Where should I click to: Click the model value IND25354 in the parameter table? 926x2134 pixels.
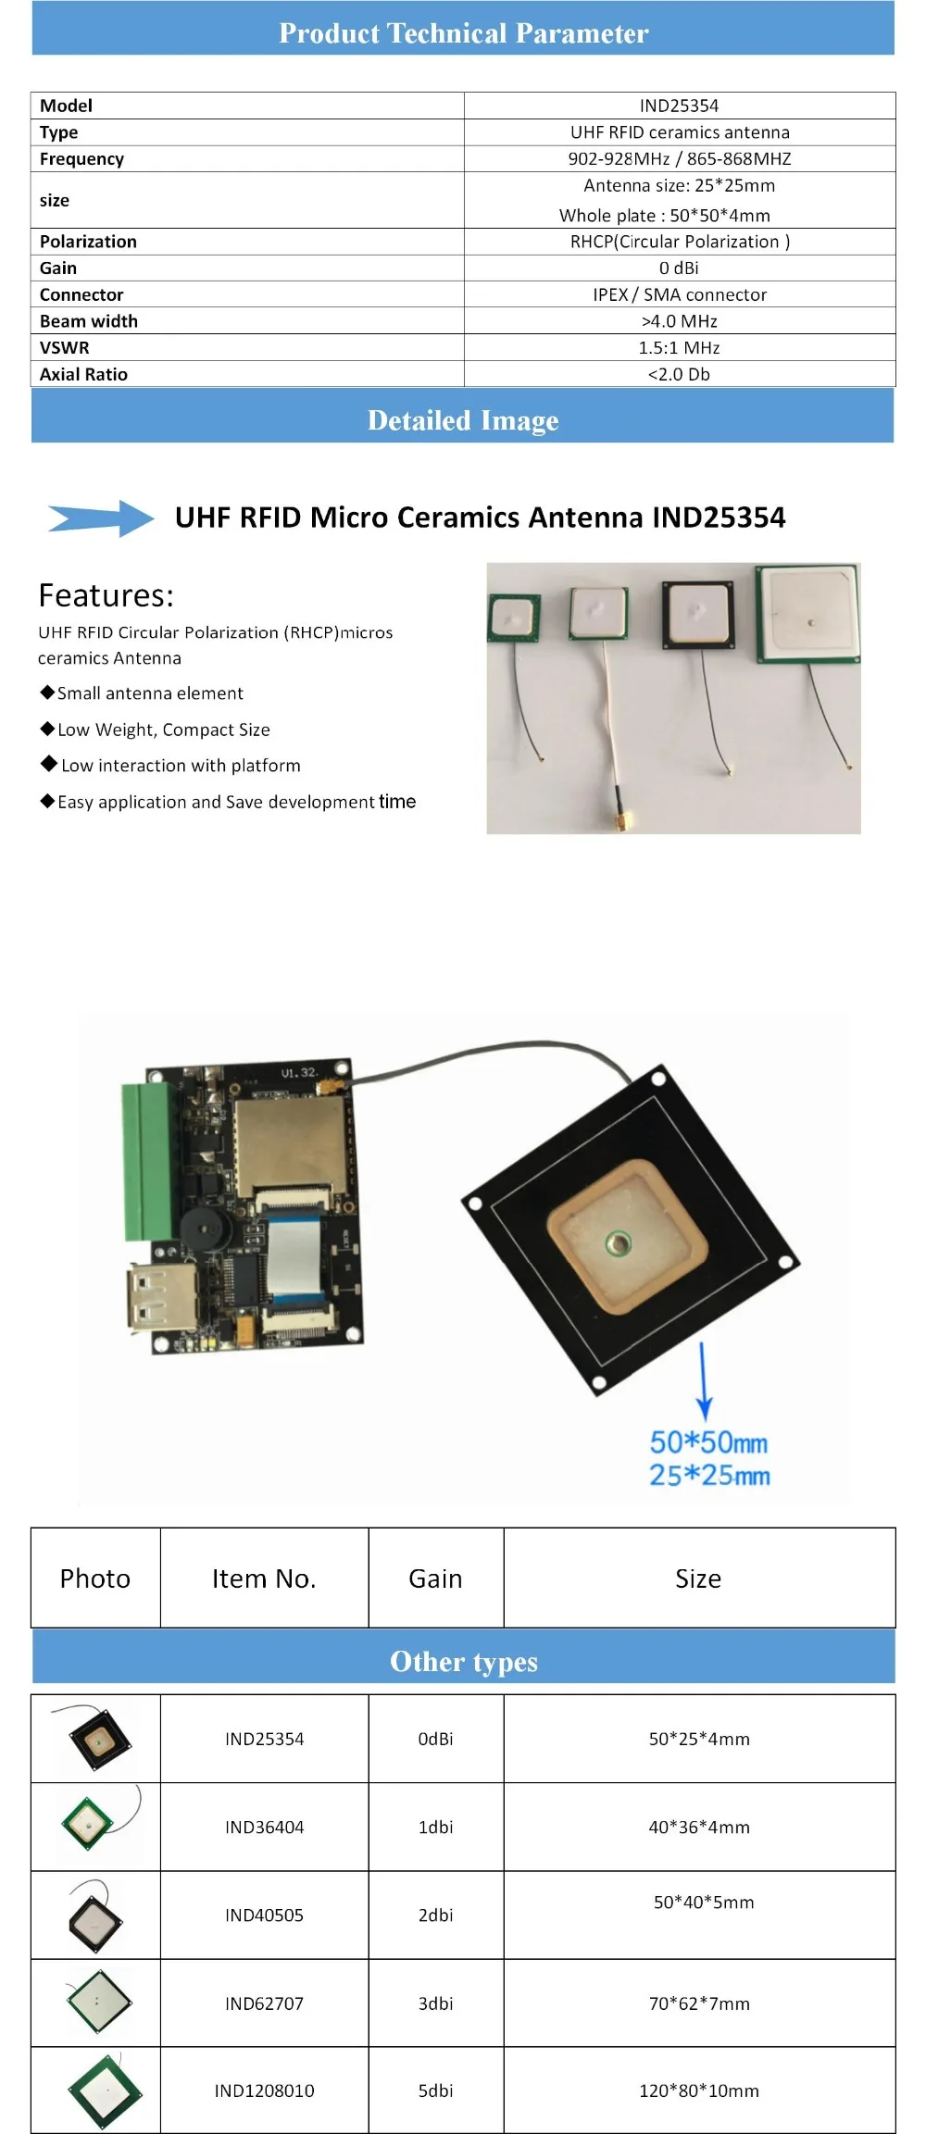pos(679,106)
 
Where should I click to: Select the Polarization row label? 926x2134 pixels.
pos(88,242)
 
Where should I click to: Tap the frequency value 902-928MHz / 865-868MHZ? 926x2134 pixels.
pos(679,158)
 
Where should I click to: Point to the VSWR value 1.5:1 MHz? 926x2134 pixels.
pos(679,348)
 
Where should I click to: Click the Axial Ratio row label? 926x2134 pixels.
pos(83,374)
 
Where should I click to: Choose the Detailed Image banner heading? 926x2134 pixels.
pos(463,420)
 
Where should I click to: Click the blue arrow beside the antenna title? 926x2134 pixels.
pos(102,518)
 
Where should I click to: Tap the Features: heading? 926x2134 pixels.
pos(106,595)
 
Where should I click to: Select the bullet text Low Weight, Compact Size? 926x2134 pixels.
pos(163,730)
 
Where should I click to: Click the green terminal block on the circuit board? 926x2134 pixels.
pos(148,1162)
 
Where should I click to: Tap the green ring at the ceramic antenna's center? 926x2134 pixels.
pos(618,1243)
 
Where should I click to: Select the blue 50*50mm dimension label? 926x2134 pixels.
pos(708,1442)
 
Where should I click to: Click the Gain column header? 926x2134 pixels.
pos(435,1579)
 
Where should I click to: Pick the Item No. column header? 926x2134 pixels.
pos(264,1579)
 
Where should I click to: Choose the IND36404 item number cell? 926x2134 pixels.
pos(264,1827)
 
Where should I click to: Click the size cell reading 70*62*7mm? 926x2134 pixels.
pos(699,2003)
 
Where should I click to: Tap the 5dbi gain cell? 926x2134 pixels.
pos(435,2090)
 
